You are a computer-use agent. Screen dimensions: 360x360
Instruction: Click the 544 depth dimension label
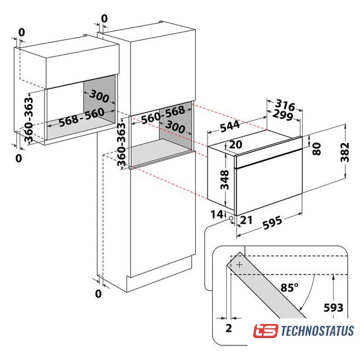pos(230,126)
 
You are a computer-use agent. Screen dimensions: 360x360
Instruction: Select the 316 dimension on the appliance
pos(285,105)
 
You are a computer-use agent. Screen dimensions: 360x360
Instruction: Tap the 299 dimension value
pos(282,115)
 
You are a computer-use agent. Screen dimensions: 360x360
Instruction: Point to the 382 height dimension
pos(345,152)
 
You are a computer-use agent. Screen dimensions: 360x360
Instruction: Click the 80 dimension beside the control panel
pos(317,148)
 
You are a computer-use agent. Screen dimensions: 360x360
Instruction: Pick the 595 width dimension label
pos(272,222)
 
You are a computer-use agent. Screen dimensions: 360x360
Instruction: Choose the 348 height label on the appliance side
pos(224,180)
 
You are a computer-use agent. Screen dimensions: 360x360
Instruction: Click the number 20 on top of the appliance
pos(235,144)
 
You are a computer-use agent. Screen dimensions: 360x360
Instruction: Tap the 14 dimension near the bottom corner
pos(217,214)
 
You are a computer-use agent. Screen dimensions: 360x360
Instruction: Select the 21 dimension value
pos(246,220)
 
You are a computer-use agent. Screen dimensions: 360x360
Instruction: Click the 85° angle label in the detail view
pos(289,287)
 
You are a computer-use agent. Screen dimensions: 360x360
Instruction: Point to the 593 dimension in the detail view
pos(334,308)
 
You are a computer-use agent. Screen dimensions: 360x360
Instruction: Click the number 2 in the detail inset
pos(229,328)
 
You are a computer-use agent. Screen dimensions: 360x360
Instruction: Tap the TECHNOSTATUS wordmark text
pos(317,331)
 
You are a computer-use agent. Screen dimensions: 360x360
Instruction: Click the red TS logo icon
pos(265,331)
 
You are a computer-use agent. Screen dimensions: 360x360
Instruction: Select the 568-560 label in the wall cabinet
pos(82,117)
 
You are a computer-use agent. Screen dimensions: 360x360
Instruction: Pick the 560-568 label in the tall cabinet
pos(163,115)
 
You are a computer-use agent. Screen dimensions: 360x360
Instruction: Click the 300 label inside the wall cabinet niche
pos(99,96)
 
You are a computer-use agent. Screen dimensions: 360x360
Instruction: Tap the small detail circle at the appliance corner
pos(231,218)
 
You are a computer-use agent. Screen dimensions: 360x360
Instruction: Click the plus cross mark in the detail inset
pos(240,265)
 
